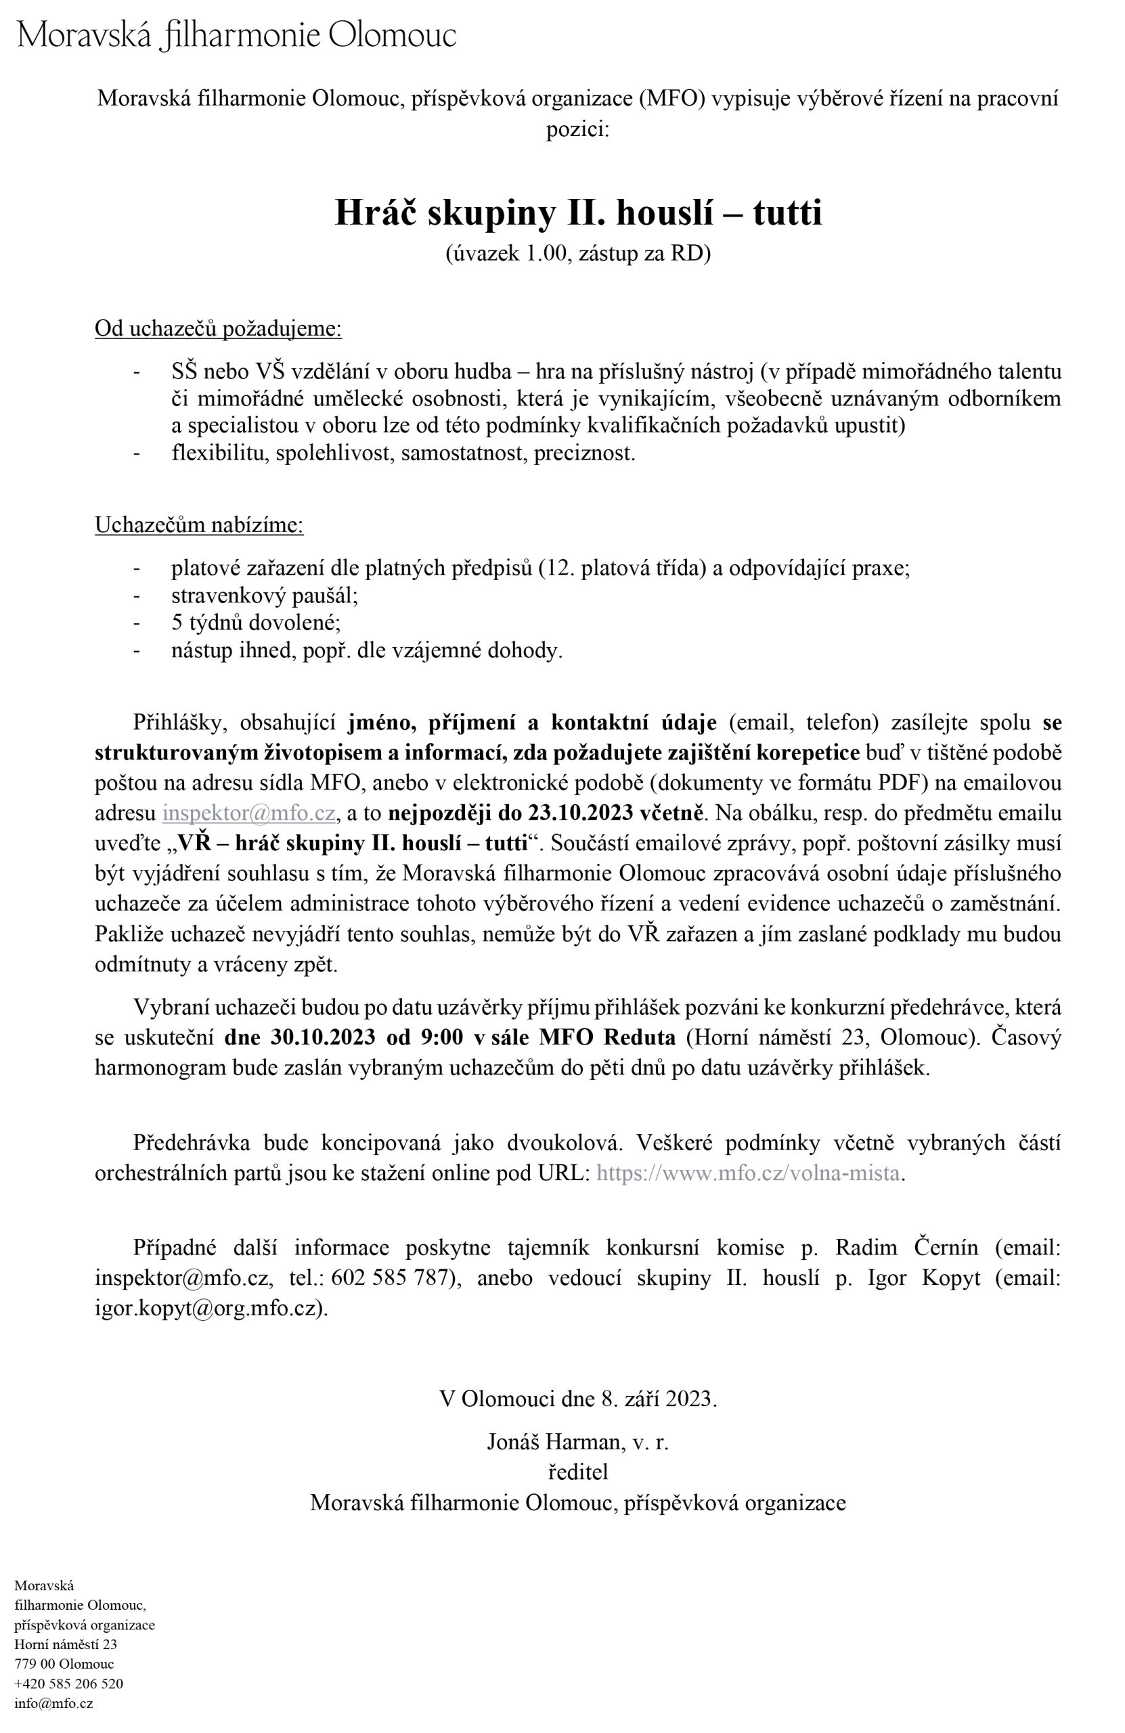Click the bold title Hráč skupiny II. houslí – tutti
(x=577, y=213)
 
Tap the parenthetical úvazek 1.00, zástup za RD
(x=577, y=253)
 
